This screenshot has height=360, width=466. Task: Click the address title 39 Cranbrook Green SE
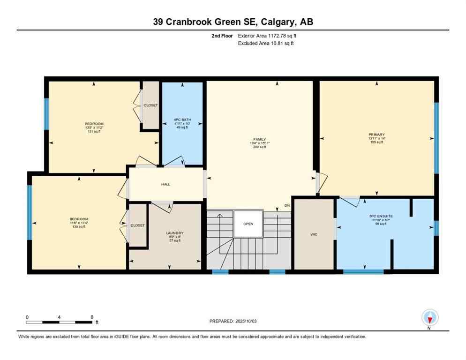coord(233,22)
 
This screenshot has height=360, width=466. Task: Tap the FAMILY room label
coord(259,139)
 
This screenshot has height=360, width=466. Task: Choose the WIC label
coord(314,234)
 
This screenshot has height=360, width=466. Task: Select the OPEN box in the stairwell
coord(248,224)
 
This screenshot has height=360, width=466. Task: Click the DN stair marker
coord(287,205)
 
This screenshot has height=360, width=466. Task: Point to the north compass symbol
coord(429,318)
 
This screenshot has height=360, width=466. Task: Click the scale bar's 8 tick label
coord(92,317)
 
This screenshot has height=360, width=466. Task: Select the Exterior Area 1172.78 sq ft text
coord(266,36)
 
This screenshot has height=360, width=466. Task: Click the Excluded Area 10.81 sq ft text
coord(266,43)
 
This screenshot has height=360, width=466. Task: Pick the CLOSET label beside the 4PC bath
coord(150,105)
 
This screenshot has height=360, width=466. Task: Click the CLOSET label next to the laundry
coord(137,225)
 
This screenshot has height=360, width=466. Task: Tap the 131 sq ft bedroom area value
coord(94,132)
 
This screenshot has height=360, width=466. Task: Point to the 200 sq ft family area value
coord(259,147)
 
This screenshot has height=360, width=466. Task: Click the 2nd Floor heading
coord(222,36)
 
